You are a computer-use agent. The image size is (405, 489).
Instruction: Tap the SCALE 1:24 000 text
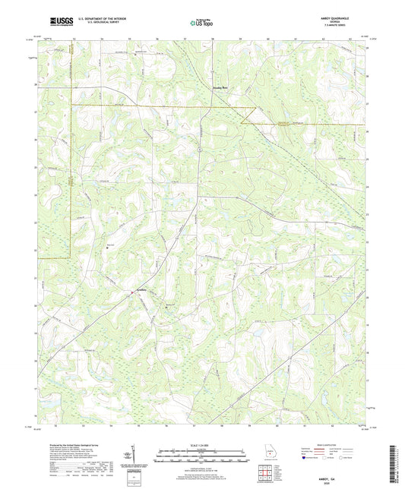202,446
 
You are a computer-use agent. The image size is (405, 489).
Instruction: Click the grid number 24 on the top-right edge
367,48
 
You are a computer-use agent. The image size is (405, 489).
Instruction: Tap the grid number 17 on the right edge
367,387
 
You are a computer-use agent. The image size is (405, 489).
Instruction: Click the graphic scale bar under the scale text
202,458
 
